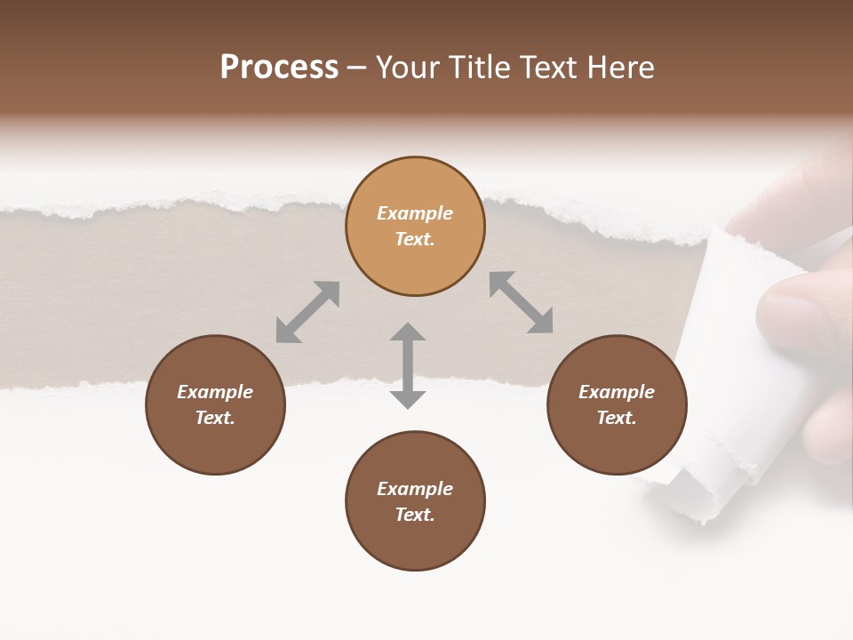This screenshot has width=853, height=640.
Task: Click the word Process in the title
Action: pos(279,68)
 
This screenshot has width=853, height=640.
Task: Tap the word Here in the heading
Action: pos(621,68)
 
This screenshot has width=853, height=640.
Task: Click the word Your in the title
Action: pos(411,68)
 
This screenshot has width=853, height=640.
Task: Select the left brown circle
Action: pos(215,444)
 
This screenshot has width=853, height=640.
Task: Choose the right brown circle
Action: pos(617,444)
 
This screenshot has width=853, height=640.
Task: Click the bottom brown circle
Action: pos(415,542)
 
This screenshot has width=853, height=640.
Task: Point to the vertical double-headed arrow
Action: pos(408,365)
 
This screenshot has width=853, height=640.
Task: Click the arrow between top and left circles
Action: pos(307,311)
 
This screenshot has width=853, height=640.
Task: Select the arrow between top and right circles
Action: pos(521,302)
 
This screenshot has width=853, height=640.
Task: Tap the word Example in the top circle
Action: pos(415,213)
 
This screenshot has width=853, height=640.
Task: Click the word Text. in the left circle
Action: pos(215,418)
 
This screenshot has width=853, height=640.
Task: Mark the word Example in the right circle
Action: pos(617,392)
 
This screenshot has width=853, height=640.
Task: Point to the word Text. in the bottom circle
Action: pos(415,515)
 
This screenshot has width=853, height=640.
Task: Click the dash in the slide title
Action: pos(357,68)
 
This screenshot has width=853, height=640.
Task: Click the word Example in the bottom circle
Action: pos(415,489)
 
